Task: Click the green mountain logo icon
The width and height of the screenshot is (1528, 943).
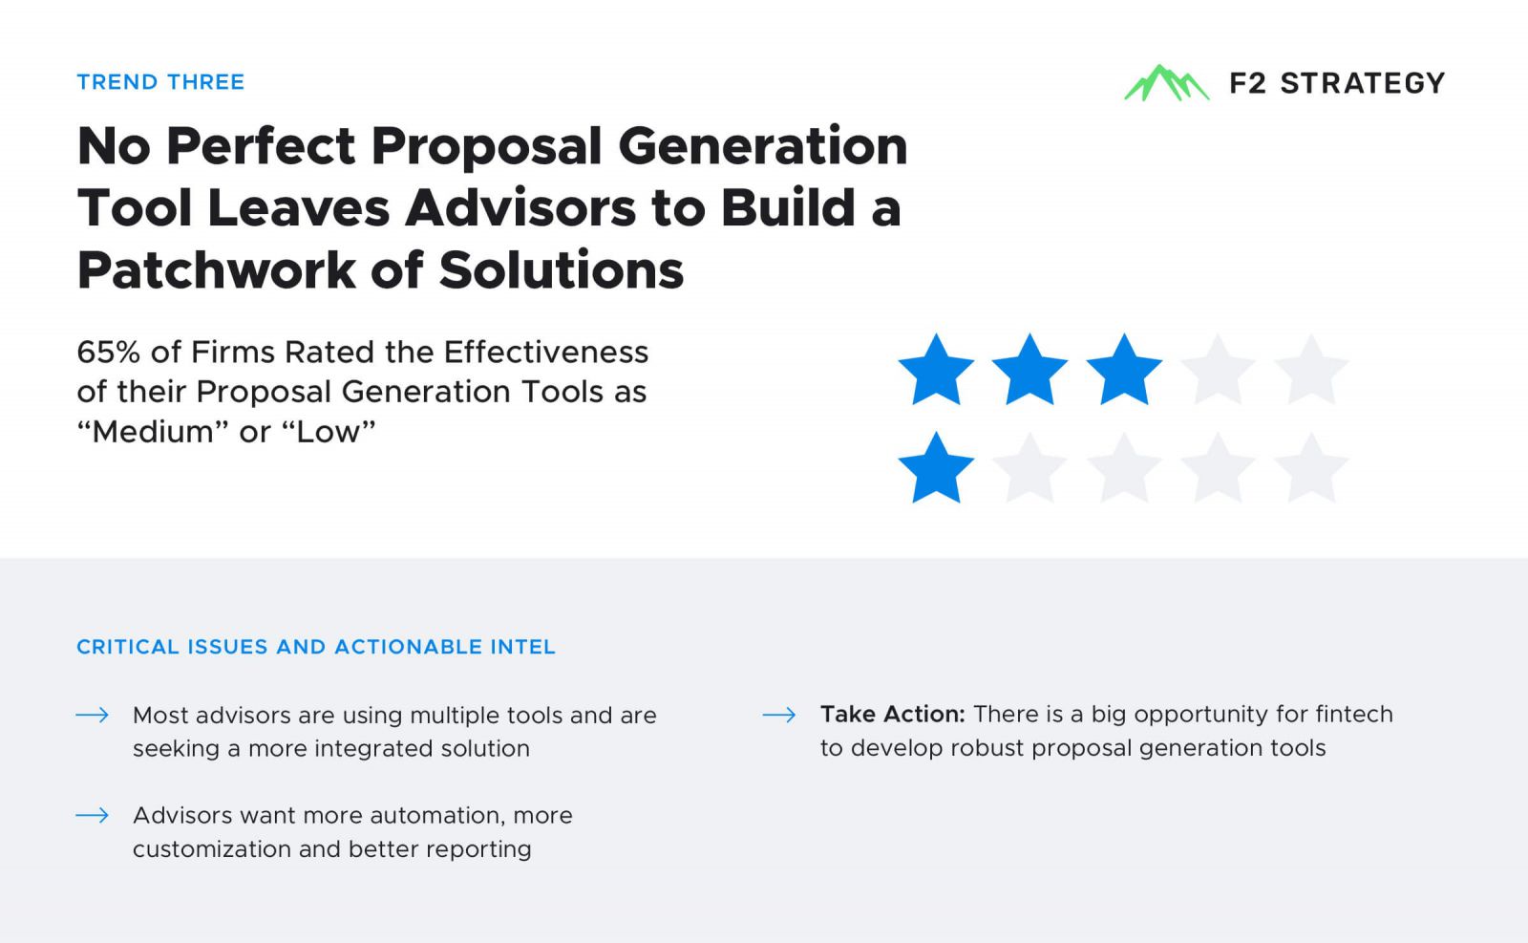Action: [1166, 83]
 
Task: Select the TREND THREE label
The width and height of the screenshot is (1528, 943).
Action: [160, 82]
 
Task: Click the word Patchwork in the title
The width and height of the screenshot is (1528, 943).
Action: [216, 270]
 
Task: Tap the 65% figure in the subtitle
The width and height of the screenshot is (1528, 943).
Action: [109, 353]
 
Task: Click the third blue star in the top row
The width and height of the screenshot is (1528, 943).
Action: [1123, 371]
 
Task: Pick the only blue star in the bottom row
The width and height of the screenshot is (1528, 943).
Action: [936, 469]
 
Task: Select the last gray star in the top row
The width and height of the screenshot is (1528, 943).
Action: [1311, 371]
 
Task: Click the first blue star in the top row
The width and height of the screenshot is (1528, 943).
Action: [936, 371]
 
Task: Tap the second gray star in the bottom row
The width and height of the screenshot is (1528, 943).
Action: [1123, 469]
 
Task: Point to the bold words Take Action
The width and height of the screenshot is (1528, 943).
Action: [892, 714]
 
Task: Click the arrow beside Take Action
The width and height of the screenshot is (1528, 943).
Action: [779, 715]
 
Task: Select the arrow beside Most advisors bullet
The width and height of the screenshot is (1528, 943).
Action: [92, 715]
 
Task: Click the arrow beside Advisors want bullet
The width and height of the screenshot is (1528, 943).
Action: [92, 815]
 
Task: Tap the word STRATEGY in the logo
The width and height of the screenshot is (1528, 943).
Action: [1363, 83]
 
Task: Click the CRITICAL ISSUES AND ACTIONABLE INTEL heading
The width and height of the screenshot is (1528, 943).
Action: [316, 647]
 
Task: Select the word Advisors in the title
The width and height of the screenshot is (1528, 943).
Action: [520, 208]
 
